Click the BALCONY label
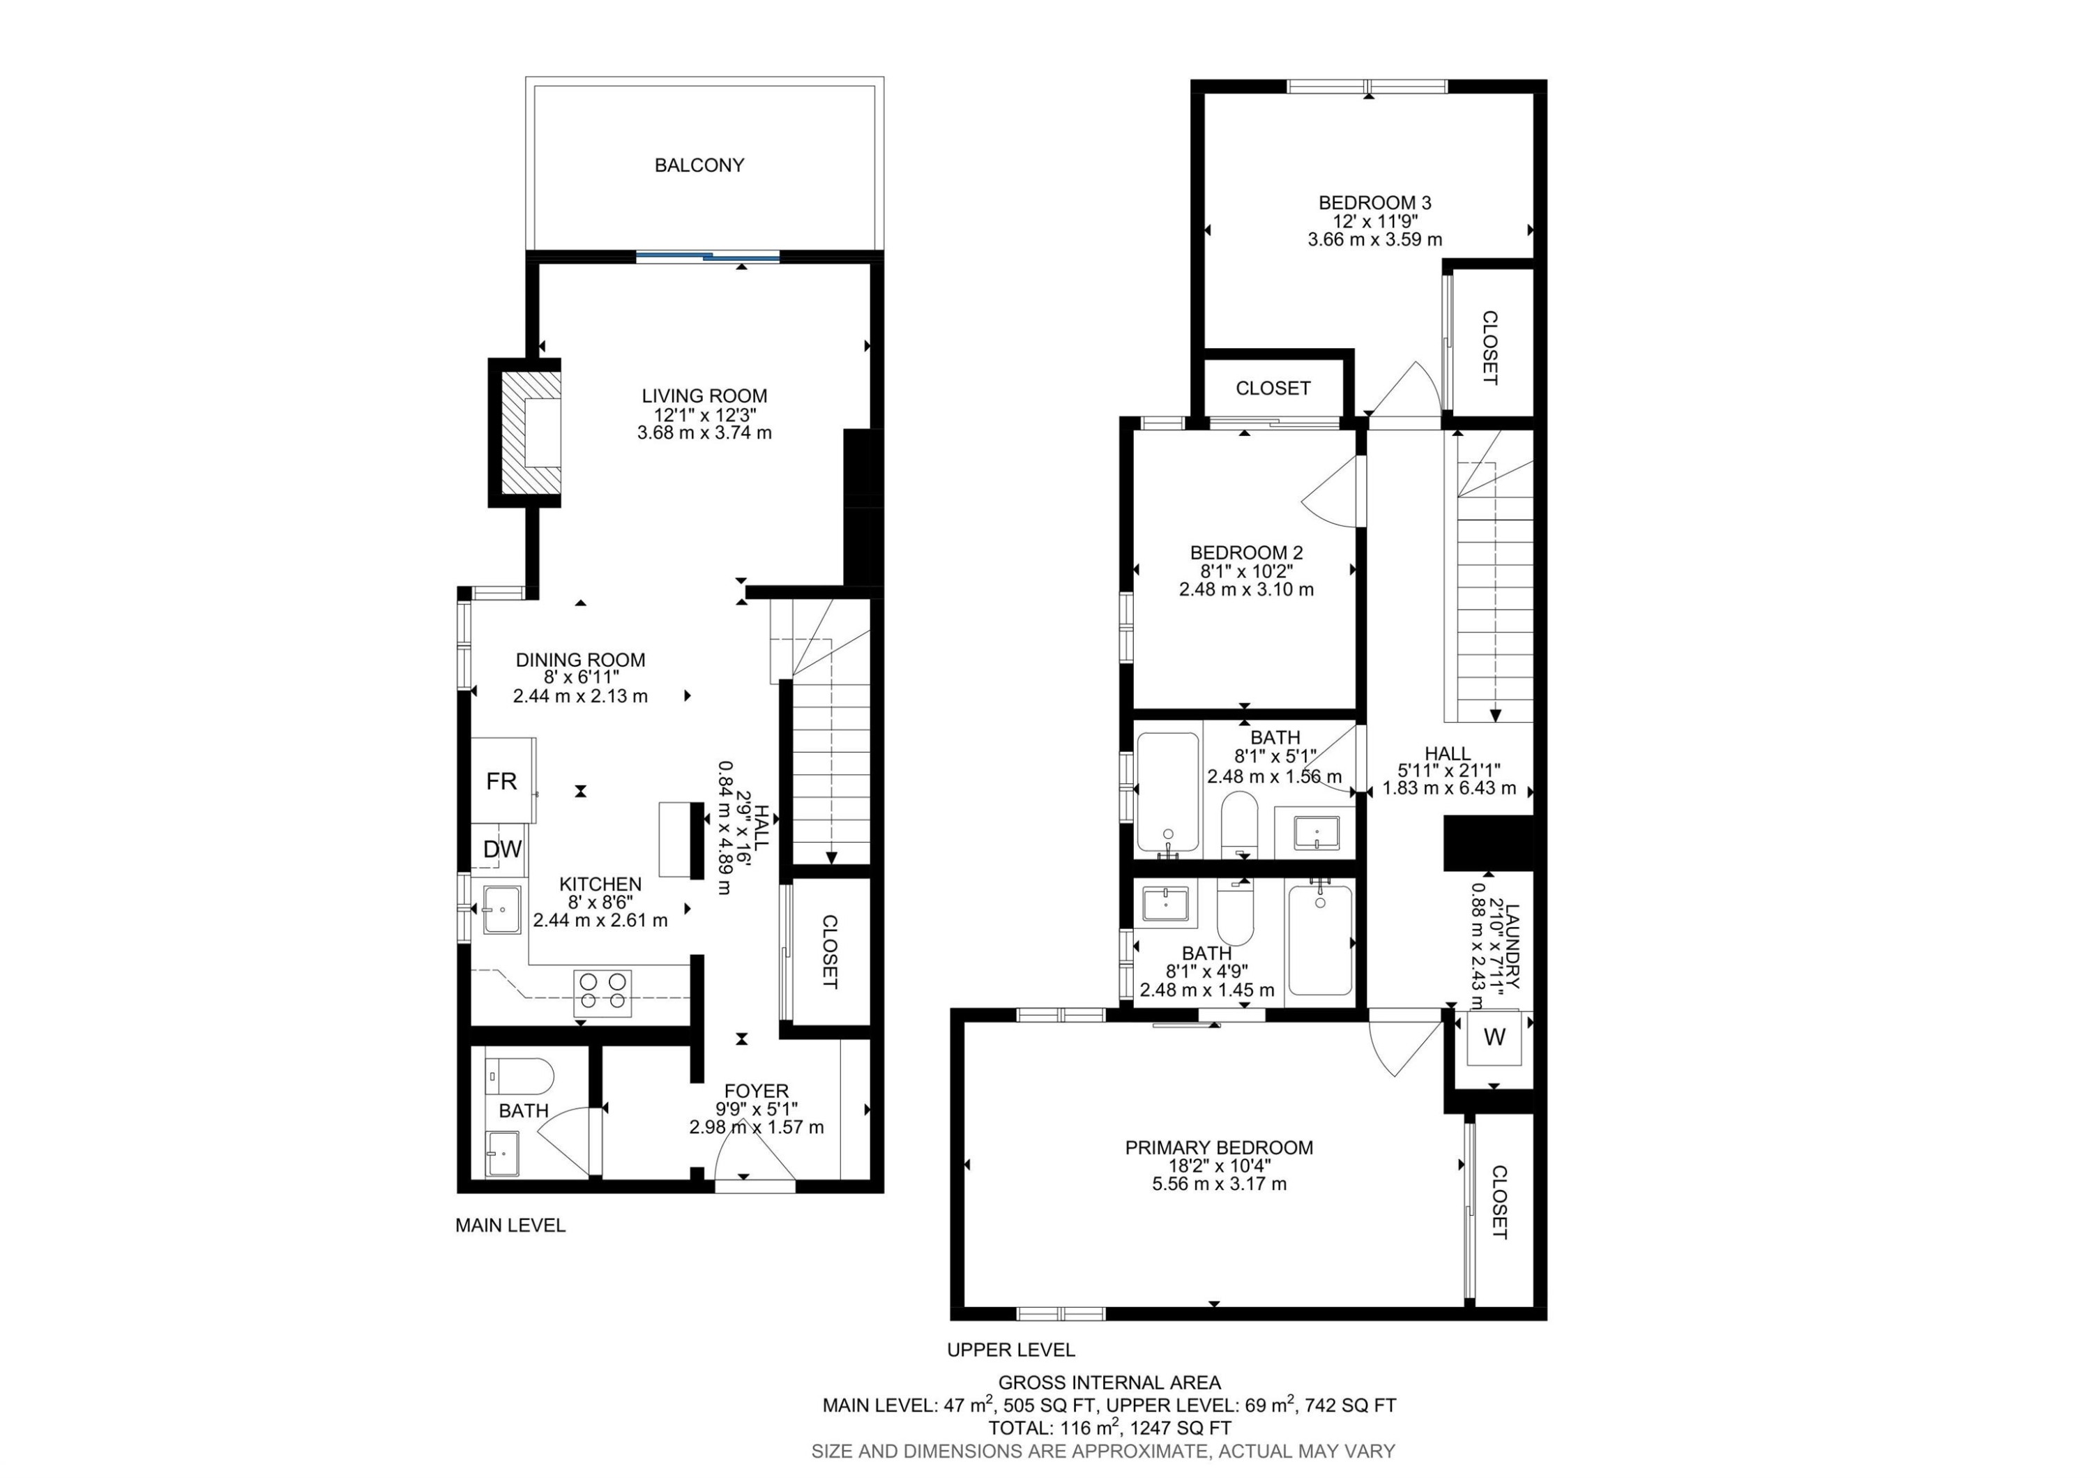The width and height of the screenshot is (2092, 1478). click(x=699, y=165)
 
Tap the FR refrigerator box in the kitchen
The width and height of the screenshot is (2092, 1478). click(x=501, y=781)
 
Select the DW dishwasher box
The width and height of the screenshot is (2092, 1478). click(x=502, y=850)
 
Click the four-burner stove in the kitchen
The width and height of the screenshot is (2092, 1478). click(x=603, y=993)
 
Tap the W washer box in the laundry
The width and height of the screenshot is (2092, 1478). click(x=1494, y=1037)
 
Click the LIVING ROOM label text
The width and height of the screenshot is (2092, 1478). click(x=704, y=395)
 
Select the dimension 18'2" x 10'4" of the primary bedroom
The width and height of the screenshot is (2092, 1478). click(x=1219, y=1166)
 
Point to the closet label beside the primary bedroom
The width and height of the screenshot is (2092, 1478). click(x=1499, y=1202)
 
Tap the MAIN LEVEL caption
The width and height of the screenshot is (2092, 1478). click(x=510, y=1226)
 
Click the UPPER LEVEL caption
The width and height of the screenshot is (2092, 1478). click(x=1010, y=1350)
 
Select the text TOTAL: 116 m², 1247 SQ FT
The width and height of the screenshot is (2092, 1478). click(x=1109, y=1428)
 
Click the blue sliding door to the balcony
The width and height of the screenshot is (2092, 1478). click(x=708, y=257)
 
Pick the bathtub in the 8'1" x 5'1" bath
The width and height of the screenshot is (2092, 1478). click(x=1167, y=791)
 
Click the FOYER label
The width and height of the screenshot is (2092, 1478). click(x=756, y=1091)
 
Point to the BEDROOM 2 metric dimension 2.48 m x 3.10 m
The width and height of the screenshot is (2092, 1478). click(x=1245, y=589)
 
